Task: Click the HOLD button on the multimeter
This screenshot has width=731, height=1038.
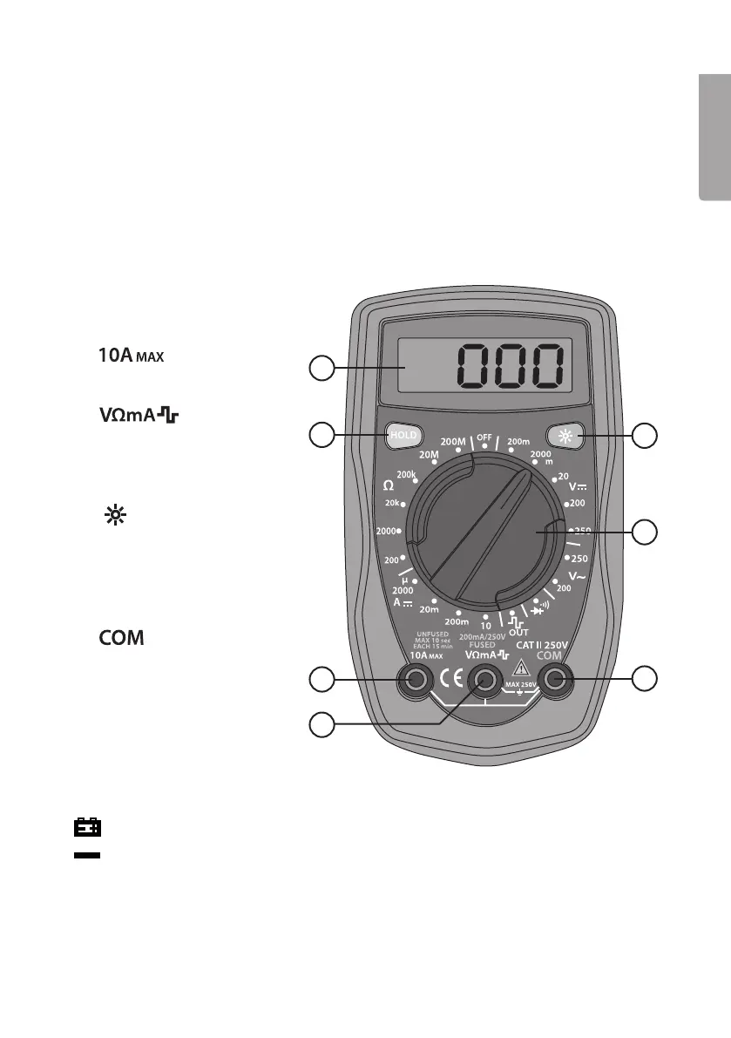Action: point(403,434)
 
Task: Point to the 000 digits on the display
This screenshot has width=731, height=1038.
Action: point(511,366)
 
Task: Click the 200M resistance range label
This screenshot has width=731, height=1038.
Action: point(454,441)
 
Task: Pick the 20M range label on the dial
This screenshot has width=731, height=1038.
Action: point(429,454)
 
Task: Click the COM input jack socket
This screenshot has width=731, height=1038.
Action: point(557,680)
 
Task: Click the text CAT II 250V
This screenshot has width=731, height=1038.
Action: point(541,645)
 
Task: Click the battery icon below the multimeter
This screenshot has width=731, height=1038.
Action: point(86,826)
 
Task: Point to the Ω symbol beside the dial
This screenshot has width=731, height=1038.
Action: point(389,484)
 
